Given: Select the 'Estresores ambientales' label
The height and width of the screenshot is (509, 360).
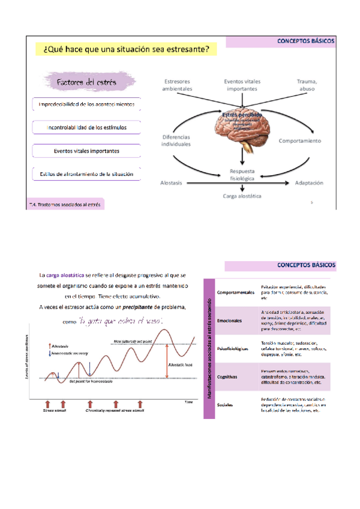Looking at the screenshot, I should tap(178, 85).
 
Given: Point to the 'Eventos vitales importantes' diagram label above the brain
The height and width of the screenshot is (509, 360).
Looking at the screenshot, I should tap(241, 85).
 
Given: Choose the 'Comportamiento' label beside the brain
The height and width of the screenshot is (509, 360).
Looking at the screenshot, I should tap(300, 141).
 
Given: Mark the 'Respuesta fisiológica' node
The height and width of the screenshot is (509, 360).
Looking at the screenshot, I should tap(241, 174).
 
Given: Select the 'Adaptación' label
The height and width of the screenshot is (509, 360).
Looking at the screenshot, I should tap(309, 182).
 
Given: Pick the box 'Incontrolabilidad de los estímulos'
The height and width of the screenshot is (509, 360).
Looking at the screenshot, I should tap(86, 127).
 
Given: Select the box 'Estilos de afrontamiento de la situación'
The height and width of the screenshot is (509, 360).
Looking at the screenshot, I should tap(86, 175).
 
